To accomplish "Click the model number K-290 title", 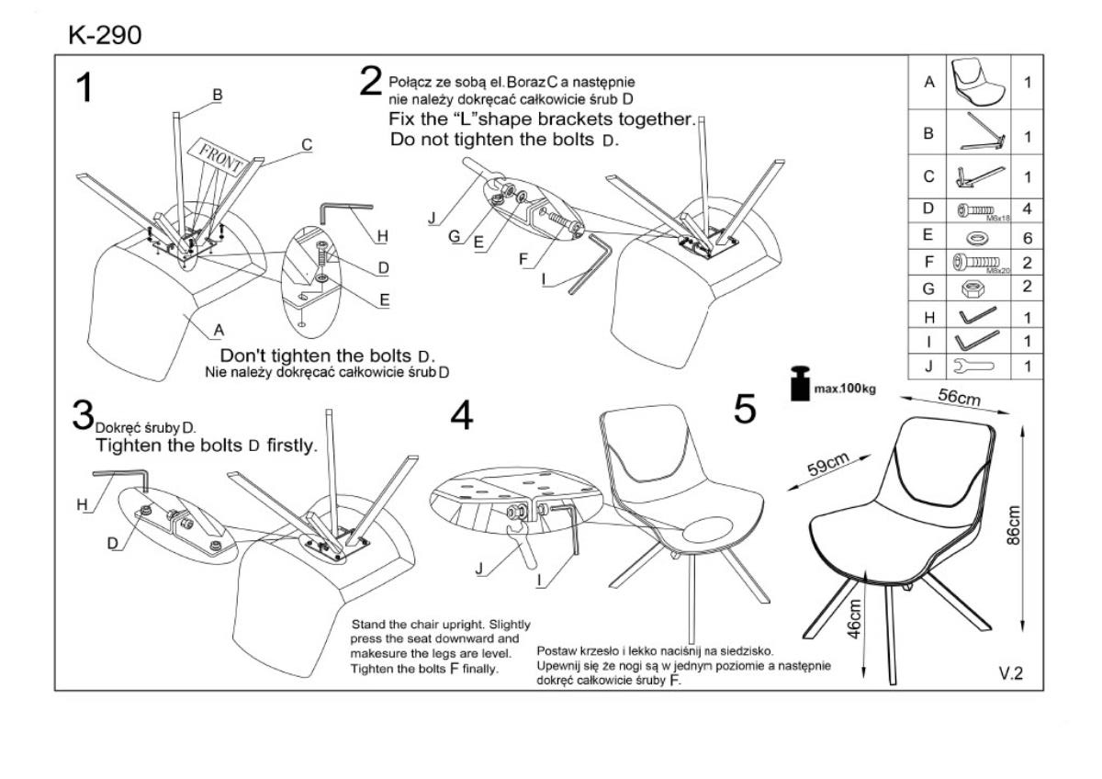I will point(105,35).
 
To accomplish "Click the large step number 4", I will point(462,416).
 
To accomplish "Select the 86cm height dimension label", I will point(1014,525).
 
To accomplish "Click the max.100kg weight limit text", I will point(845,389).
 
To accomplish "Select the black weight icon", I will point(800,383).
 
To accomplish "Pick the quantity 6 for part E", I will point(1027,237).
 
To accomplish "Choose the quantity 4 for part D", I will point(1027,209).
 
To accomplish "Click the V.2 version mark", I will point(1010,673).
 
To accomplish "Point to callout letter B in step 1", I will point(218,94).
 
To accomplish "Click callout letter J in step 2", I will point(430,219).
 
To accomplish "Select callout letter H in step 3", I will point(81,504).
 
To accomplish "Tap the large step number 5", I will point(746,410).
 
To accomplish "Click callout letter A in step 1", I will point(219,329).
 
